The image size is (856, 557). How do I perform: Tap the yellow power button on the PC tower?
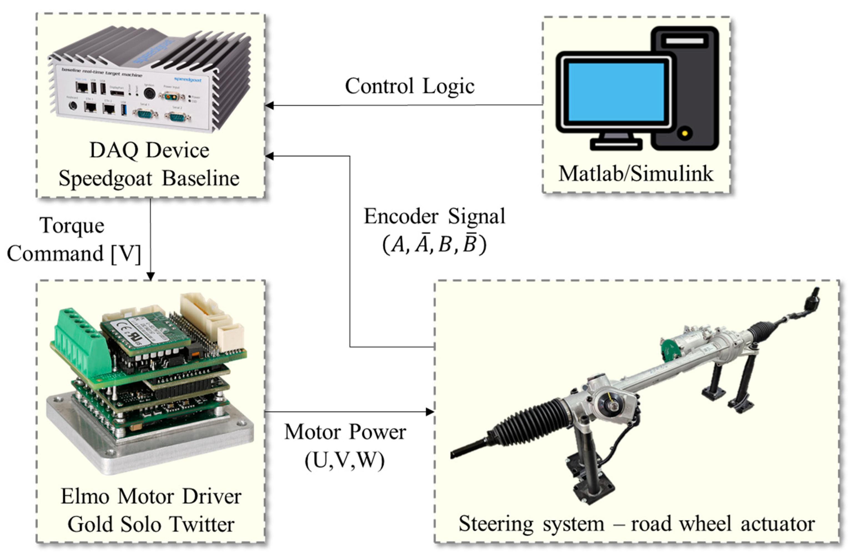tap(685, 133)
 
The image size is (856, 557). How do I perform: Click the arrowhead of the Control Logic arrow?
tap(269, 106)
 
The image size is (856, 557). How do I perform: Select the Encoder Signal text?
tap(435, 216)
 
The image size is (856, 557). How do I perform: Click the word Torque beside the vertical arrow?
tap(72, 226)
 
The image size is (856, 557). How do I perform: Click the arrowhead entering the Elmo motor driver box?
tap(150, 276)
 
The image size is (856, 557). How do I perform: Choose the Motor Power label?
tap(345, 432)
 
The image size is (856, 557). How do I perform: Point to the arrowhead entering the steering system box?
tap(430, 412)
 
